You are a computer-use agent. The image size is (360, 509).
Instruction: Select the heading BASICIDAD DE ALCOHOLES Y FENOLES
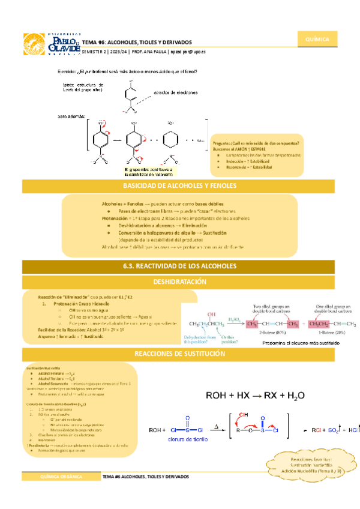(180, 185)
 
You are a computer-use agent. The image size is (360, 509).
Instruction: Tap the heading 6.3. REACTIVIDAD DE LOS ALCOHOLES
(180, 265)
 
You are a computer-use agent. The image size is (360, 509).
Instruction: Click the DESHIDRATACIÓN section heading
(180, 281)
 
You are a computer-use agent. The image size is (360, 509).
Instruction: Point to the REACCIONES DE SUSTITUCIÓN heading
(180, 355)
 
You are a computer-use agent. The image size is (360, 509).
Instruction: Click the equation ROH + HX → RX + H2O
(256, 396)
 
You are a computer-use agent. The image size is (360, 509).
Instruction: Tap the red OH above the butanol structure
(212, 313)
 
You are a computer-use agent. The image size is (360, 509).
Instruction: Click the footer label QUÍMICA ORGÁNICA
(61, 476)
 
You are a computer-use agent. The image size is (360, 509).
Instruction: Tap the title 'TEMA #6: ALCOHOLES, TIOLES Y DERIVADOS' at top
(137, 43)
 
